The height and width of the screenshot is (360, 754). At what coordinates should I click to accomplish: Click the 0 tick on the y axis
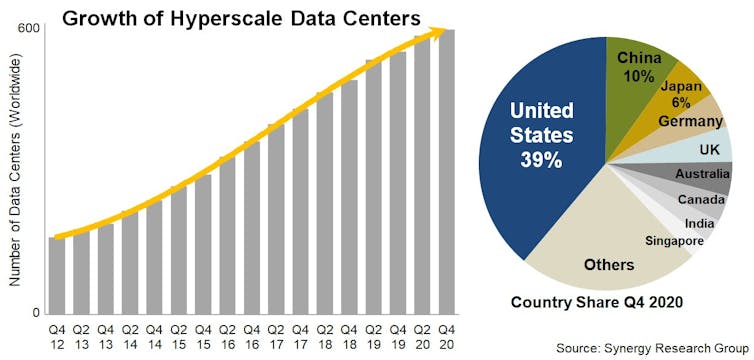click(37, 313)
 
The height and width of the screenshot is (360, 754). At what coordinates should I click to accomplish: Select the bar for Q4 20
click(447, 170)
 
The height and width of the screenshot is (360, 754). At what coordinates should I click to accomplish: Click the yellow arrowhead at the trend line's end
click(436, 33)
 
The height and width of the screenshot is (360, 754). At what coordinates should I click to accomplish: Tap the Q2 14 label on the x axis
click(130, 333)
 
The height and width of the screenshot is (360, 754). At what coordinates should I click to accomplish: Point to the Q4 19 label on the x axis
click(398, 333)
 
